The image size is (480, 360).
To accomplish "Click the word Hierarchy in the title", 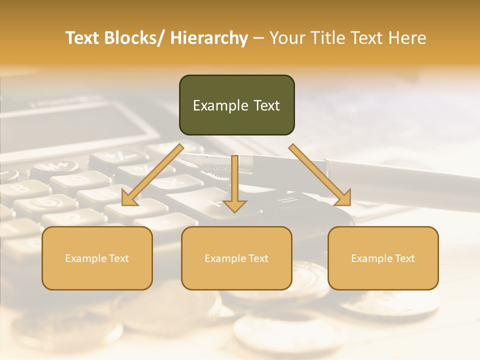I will [209, 38].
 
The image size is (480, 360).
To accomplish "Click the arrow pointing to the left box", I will [152, 175].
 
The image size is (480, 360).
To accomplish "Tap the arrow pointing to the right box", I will [320, 175].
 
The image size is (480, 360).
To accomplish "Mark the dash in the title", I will [258, 38].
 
